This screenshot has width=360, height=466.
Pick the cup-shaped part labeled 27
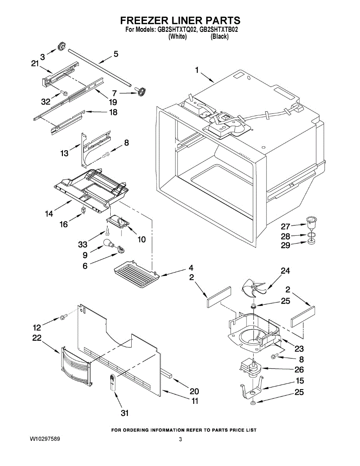tap(310, 224)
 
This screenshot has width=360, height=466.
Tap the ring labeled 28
tap(310, 235)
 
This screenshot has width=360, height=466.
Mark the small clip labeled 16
tap(83, 210)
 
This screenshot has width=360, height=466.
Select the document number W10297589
tap(45, 439)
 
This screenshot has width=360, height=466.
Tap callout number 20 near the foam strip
tap(194, 391)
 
